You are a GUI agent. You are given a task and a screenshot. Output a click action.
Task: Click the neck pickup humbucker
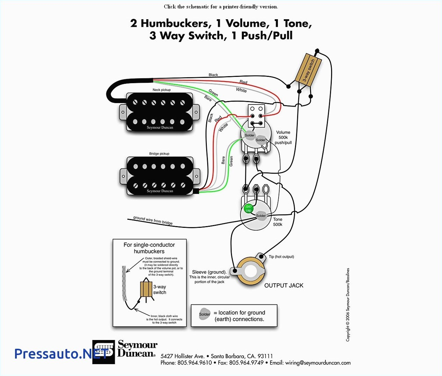160,112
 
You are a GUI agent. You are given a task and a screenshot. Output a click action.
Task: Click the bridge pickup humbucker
160,175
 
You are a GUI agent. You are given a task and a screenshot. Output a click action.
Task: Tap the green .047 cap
248,209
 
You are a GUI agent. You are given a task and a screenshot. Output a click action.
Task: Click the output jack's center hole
251,271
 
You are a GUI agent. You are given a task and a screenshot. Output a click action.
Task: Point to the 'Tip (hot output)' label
281,256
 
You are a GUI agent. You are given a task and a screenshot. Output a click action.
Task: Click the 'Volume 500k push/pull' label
283,137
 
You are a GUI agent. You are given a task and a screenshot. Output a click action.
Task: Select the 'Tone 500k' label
278,222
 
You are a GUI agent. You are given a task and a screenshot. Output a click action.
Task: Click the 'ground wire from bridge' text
153,220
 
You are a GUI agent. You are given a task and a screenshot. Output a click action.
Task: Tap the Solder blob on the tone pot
261,215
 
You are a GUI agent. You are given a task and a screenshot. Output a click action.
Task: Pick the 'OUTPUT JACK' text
283,285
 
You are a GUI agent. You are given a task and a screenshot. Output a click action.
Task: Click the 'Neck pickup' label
161,90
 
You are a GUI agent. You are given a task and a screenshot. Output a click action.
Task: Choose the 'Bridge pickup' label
159,153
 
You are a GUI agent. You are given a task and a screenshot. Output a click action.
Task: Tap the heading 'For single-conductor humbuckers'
149,248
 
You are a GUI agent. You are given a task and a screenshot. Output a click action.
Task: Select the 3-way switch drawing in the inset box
146,290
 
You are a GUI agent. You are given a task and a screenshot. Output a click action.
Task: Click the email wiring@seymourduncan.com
318,363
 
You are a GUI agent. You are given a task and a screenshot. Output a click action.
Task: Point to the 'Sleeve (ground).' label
209,272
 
